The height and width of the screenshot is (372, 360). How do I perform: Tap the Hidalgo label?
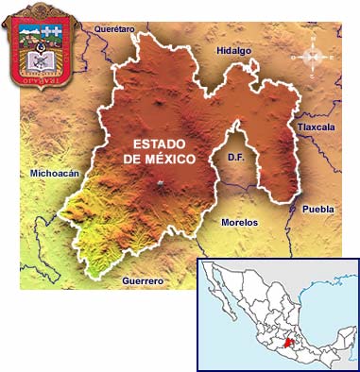(234, 50)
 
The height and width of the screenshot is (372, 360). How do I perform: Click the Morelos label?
(238, 222)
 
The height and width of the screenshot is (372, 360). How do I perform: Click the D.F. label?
(236, 160)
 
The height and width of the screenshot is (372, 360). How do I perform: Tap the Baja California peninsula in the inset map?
(218, 288)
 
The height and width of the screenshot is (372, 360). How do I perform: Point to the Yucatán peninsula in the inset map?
(337, 326)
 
